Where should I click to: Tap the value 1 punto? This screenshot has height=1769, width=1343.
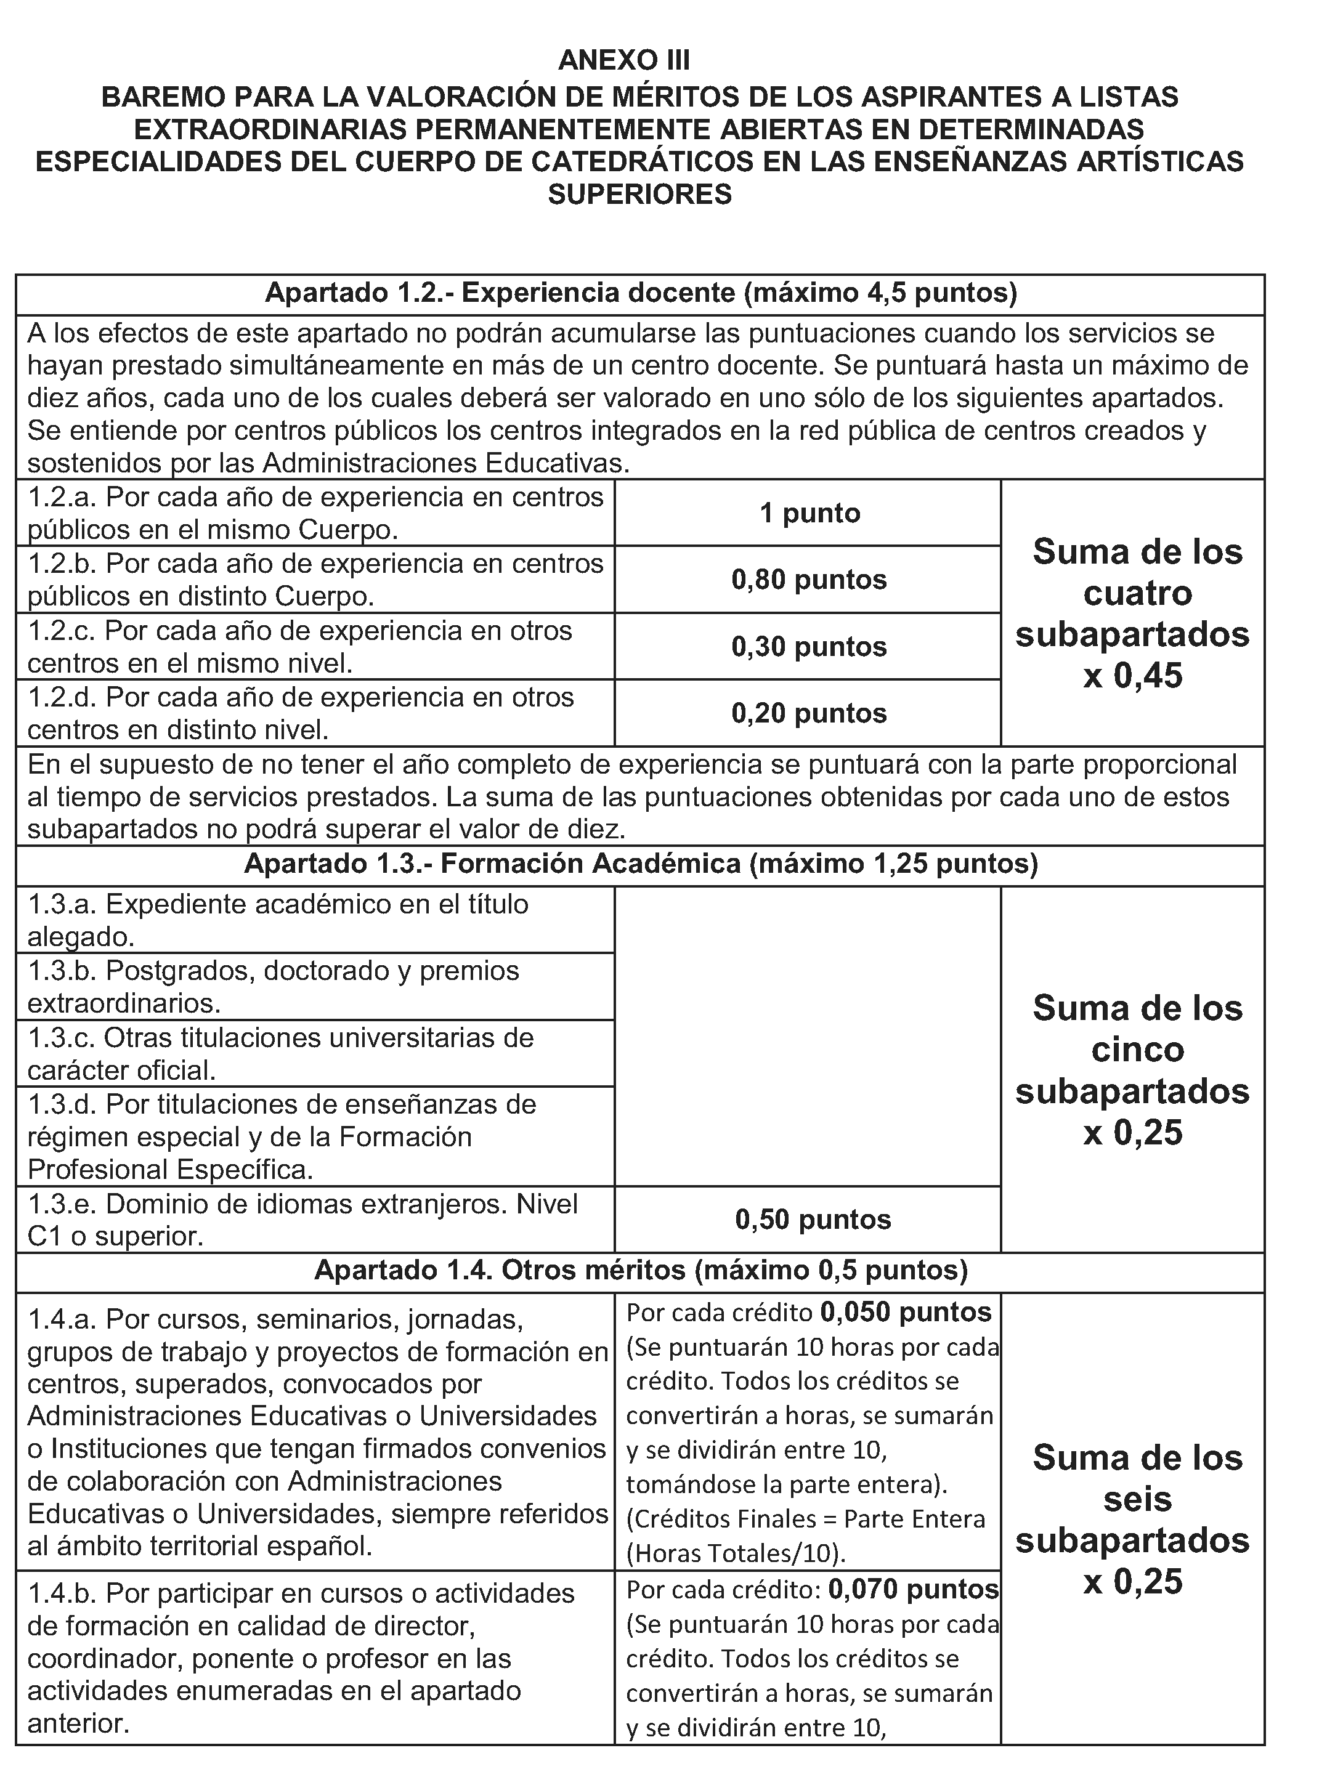pyautogui.click(x=809, y=512)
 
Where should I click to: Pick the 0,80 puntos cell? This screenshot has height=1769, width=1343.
pyautogui.click(x=809, y=580)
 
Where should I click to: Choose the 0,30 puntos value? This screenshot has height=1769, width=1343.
pyautogui.click(x=809, y=646)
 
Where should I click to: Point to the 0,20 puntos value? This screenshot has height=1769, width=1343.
pyautogui.click(x=809, y=713)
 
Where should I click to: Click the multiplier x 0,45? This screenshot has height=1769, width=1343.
pyautogui.click(x=1133, y=676)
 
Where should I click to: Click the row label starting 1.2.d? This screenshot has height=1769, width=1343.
pyautogui.click(x=301, y=713)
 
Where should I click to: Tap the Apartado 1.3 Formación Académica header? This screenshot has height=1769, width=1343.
pyautogui.click(x=640, y=865)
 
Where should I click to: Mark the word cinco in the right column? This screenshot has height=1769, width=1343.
pyautogui.click(x=1137, y=1050)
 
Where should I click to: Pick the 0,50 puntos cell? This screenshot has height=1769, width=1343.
pyautogui.click(x=813, y=1220)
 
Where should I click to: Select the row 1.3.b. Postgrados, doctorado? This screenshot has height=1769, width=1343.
pyautogui.click(x=274, y=986)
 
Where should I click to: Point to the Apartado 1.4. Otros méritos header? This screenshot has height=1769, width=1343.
pyautogui.click(x=640, y=1271)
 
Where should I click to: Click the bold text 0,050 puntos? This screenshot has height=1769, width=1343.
pyautogui.click(x=906, y=1313)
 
